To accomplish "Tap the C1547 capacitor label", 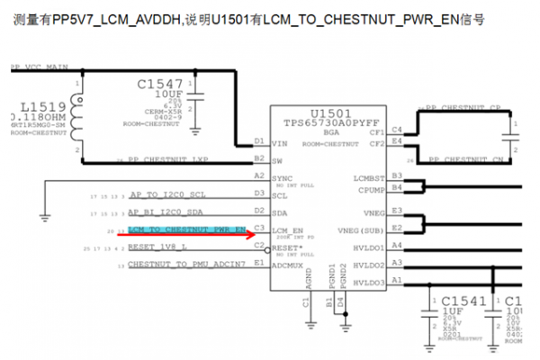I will pyautogui.click(x=160, y=83).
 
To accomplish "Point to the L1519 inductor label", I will pyautogui.click(x=28, y=106).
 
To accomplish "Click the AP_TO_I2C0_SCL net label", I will pyautogui.click(x=167, y=194).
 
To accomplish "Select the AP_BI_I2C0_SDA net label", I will pyautogui.click(x=167, y=212).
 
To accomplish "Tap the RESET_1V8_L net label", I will pyautogui.click(x=157, y=246).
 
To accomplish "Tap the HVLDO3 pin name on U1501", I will pyautogui.click(x=370, y=282).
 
